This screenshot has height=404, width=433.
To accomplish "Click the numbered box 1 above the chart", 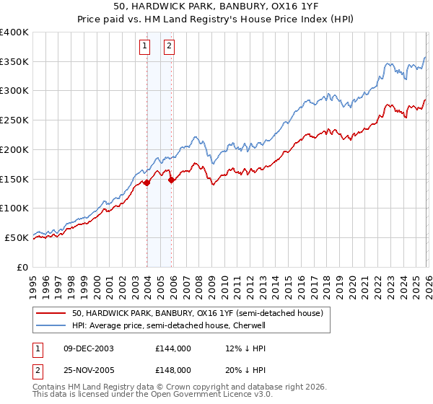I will pos(145,47).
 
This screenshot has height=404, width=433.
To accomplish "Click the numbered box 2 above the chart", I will pos(169,47).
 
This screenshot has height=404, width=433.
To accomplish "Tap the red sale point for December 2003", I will pos(147,183).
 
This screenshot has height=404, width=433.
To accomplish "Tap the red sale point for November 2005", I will pos(172,180).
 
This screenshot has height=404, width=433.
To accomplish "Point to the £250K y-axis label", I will pos(14,120).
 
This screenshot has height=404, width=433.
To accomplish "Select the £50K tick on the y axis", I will pos(17,237).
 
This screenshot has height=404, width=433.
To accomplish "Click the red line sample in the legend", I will pos(51,313).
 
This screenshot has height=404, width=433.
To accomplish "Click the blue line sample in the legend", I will pos(51,325).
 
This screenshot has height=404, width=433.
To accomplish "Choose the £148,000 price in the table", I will pos(172,369).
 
